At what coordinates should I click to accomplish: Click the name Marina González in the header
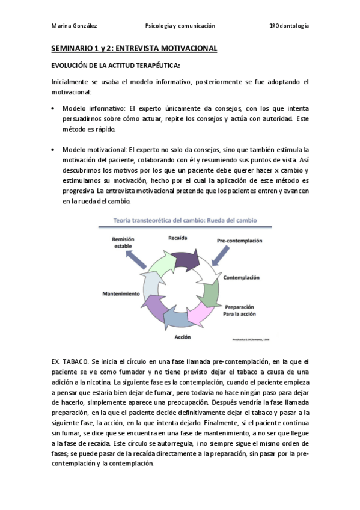pos(75,26)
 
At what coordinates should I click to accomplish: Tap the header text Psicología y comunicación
pos(180,26)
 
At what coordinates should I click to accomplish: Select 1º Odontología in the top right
pos(288,26)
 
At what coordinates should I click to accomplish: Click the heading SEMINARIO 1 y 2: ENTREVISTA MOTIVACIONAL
pos(133,48)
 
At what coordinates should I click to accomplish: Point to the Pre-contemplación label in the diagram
pos(240,241)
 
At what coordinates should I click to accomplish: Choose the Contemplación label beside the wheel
pos(241,278)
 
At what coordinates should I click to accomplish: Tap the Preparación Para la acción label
pos(240,310)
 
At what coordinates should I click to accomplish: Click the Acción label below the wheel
pos(183,337)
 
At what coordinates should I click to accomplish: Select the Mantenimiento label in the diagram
pos(121,293)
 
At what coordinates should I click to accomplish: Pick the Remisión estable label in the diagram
pos(123,242)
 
